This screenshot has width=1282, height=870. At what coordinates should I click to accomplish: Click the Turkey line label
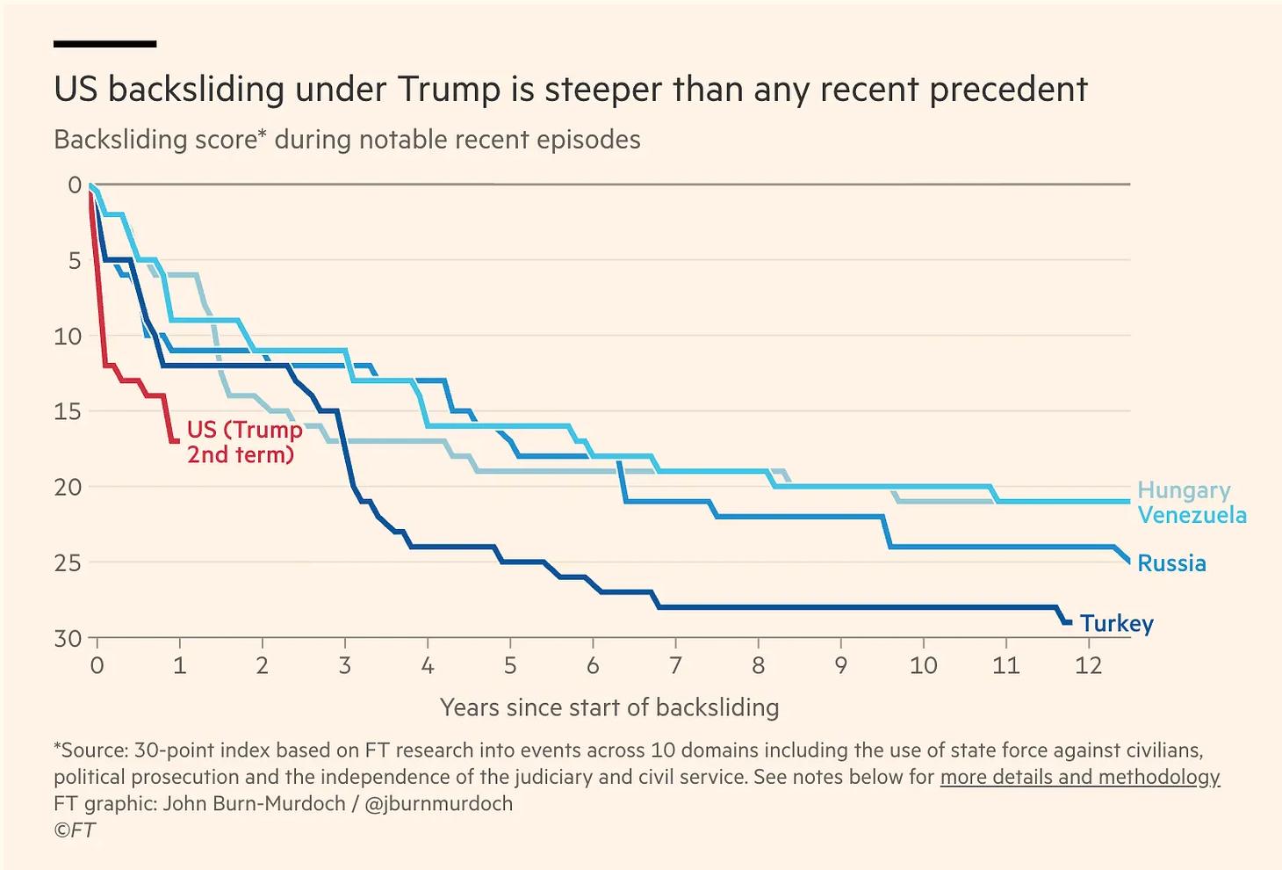(1116, 624)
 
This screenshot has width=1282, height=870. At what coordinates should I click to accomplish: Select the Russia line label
(1171, 563)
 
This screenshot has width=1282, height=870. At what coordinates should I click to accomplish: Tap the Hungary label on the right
(1184, 490)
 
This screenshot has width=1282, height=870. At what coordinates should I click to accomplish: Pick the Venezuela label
(1192, 515)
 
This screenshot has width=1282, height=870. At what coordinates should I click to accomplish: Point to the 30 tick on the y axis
(68, 638)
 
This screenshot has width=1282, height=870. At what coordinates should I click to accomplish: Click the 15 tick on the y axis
(68, 411)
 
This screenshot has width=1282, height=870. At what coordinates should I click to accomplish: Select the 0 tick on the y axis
(75, 185)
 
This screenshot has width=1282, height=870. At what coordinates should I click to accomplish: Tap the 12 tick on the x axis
(1088, 665)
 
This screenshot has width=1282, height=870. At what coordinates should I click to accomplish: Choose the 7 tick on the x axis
(675, 665)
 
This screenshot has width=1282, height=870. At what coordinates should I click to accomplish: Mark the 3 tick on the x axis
(345, 665)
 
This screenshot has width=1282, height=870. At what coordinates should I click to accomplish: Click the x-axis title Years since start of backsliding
(609, 707)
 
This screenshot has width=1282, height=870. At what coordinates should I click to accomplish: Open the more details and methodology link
(1079, 777)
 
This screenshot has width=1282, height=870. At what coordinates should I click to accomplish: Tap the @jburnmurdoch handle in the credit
(438, 803)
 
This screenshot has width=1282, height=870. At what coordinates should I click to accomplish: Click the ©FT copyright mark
(75, 830)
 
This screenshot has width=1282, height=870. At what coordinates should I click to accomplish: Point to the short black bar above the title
(104, 43)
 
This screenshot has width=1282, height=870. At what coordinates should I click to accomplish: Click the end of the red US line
(176, 440)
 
